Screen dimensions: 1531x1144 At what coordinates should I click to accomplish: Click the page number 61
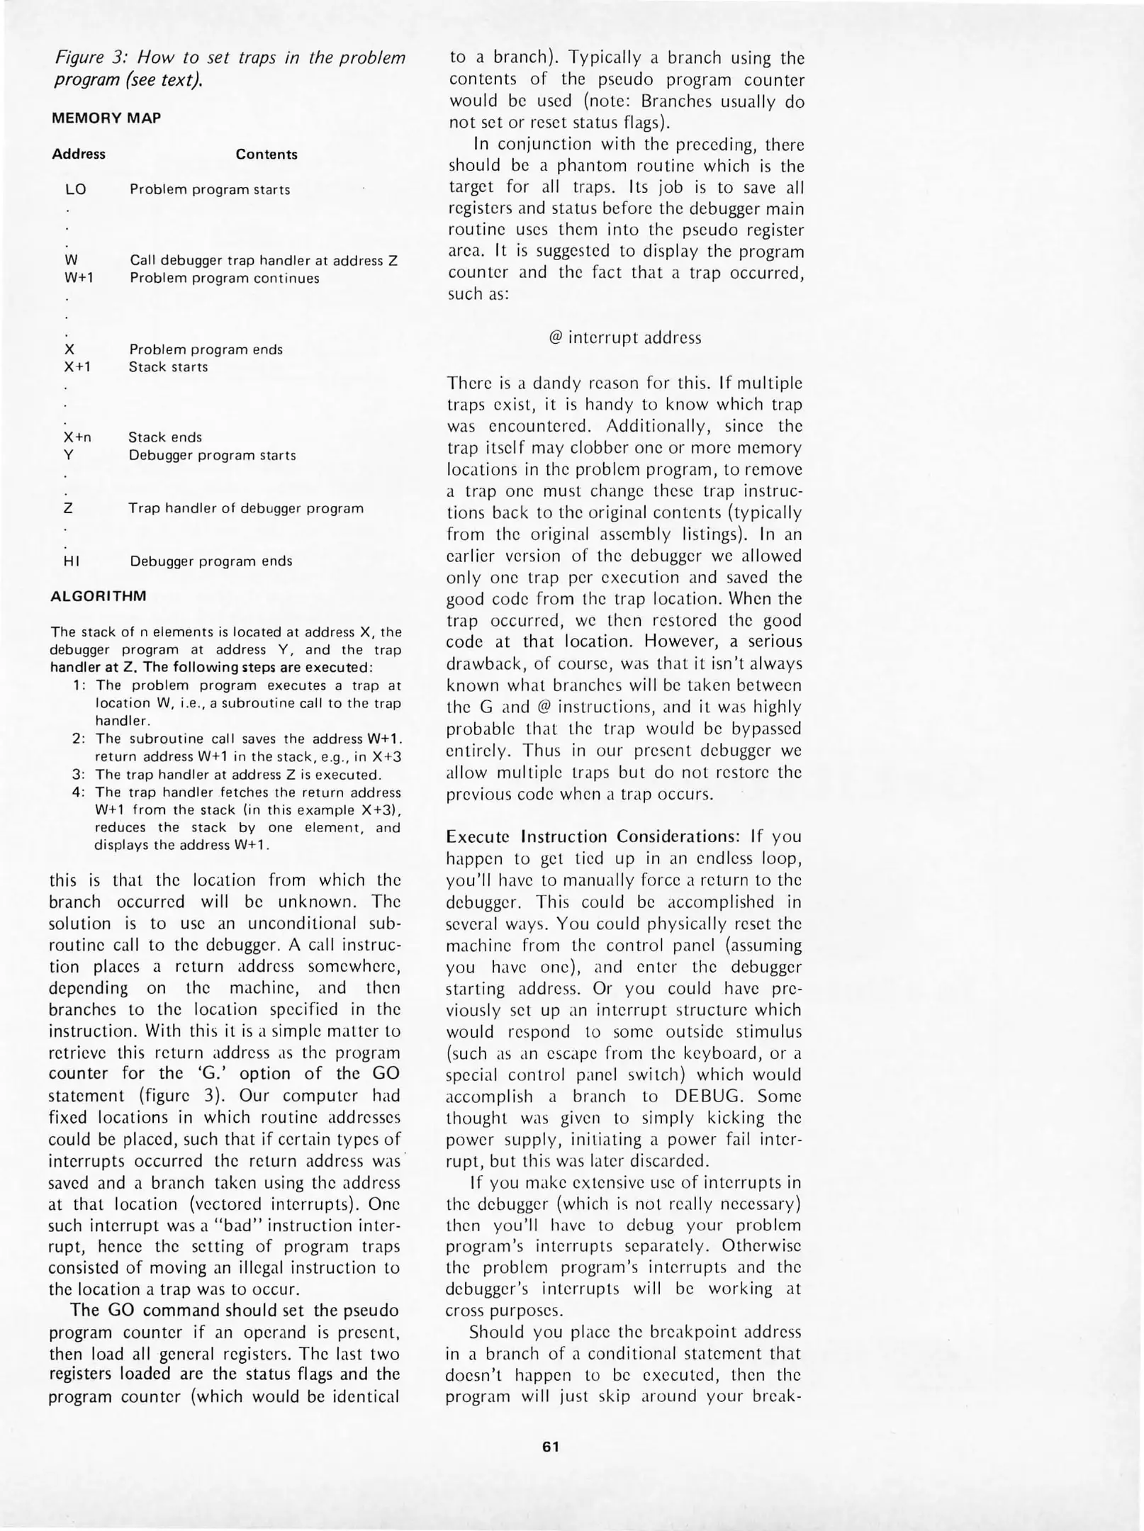551,1447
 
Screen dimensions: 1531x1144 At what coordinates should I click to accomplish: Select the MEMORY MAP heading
106,118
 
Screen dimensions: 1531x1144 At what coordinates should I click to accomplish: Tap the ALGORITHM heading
98,596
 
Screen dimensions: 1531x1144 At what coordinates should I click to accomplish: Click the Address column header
79,155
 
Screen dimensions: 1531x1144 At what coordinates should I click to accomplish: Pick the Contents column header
267,155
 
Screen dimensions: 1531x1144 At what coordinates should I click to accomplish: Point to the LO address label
75,190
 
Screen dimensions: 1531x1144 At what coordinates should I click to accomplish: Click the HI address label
72,561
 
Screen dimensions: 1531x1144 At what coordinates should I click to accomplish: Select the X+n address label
78,437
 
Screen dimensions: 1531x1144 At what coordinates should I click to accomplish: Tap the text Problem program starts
210,190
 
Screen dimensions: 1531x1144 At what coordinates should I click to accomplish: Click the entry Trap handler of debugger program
246,508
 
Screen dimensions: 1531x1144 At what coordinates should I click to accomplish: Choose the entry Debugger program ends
211,561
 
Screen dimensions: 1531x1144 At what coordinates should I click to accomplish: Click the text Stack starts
168,367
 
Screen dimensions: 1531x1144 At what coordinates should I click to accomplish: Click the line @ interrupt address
624,338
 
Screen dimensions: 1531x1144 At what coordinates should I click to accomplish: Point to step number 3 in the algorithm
78,775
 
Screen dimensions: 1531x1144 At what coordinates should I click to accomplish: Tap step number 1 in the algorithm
78,685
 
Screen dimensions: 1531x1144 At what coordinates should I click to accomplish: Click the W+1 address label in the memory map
78,279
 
